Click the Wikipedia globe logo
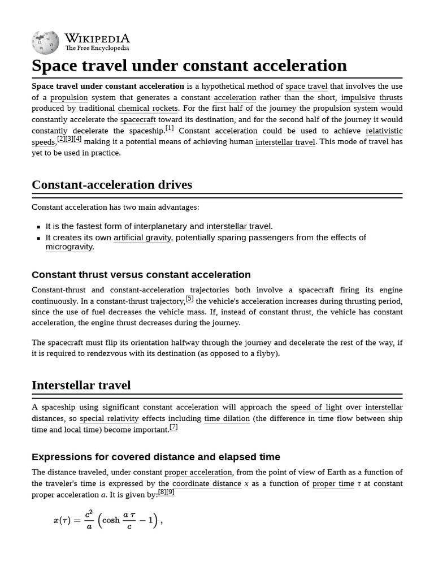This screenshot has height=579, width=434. point(45,42)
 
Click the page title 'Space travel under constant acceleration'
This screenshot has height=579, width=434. point(189,66)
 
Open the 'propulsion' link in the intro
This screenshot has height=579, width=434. point(69,97)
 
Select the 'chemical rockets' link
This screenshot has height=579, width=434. point(147,109)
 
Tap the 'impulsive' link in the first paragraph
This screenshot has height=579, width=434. point(358,97)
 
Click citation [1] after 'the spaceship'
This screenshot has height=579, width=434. point(170,128)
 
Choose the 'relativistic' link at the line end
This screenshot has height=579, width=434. point(384,131)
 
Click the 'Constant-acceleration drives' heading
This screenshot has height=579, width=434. point(112,185)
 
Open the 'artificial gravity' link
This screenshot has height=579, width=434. point(142,237)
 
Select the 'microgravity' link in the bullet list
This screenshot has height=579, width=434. point(69,247)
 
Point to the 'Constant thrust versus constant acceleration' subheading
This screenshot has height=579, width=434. point(141,275)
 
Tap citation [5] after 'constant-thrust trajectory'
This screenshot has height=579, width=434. point(189,299)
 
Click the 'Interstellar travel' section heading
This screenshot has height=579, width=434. point(81,386)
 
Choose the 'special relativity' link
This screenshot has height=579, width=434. point(109,418)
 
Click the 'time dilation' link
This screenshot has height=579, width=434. point(227,418)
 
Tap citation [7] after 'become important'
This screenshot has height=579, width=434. point(173,427)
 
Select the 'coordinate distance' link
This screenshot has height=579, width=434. point(206,483)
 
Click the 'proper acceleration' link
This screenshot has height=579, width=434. point(198,472)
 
